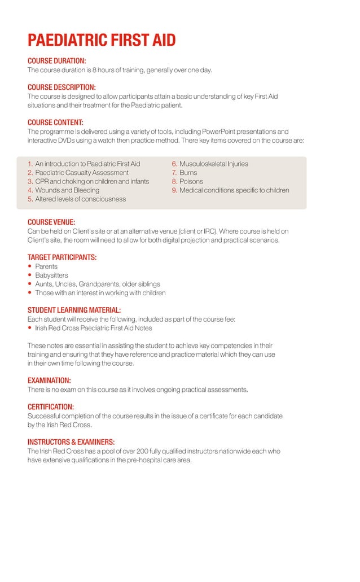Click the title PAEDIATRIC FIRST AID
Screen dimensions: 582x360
click(102, 41)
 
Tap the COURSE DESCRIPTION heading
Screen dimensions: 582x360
click(62, 87)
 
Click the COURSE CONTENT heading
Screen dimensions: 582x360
click(55, 122)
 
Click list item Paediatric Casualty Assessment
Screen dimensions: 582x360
click(82, 173)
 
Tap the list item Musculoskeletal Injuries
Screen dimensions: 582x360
click(214, 164)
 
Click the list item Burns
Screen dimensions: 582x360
click(188, 173)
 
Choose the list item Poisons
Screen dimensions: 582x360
click(191, 182)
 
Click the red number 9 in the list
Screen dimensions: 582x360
click(175, 190)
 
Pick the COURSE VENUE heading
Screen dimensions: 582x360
click(51, 222)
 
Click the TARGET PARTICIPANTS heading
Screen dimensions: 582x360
click(62, 257)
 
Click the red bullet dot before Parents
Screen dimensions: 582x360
click(30, 266)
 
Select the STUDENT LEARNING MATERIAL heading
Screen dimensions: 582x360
click(74, 310)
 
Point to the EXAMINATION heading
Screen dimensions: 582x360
click(49, 380)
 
